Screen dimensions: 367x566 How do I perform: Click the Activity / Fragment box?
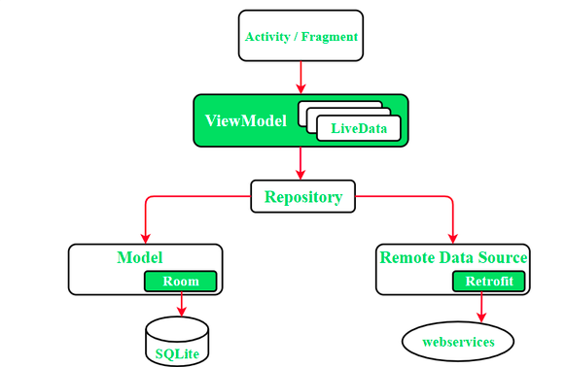coord(301,36)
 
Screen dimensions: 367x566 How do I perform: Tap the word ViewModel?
coord(246,120)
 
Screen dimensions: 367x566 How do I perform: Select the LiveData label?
coord(359,128)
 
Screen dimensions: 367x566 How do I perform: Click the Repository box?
coord(303,197)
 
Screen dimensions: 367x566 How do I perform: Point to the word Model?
coord(139,257)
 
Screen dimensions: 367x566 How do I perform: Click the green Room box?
coord(180,282)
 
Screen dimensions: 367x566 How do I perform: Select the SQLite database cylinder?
coord(176,342)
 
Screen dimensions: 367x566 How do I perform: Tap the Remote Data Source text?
coord(453,257)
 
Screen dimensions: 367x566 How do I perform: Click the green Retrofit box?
coord(488,282)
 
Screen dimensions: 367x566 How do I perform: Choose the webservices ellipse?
coord(458,342)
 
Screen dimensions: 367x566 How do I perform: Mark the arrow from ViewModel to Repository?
coord(301,162)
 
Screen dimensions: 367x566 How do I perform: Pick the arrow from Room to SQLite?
coord(180,304)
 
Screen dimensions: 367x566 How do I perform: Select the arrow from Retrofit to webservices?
coord(481,308)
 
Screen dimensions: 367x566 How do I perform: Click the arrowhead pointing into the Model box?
coord(146,238)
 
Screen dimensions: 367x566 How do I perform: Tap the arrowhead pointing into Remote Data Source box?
coord(453,238)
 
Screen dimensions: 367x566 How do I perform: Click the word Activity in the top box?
coord(267,37)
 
